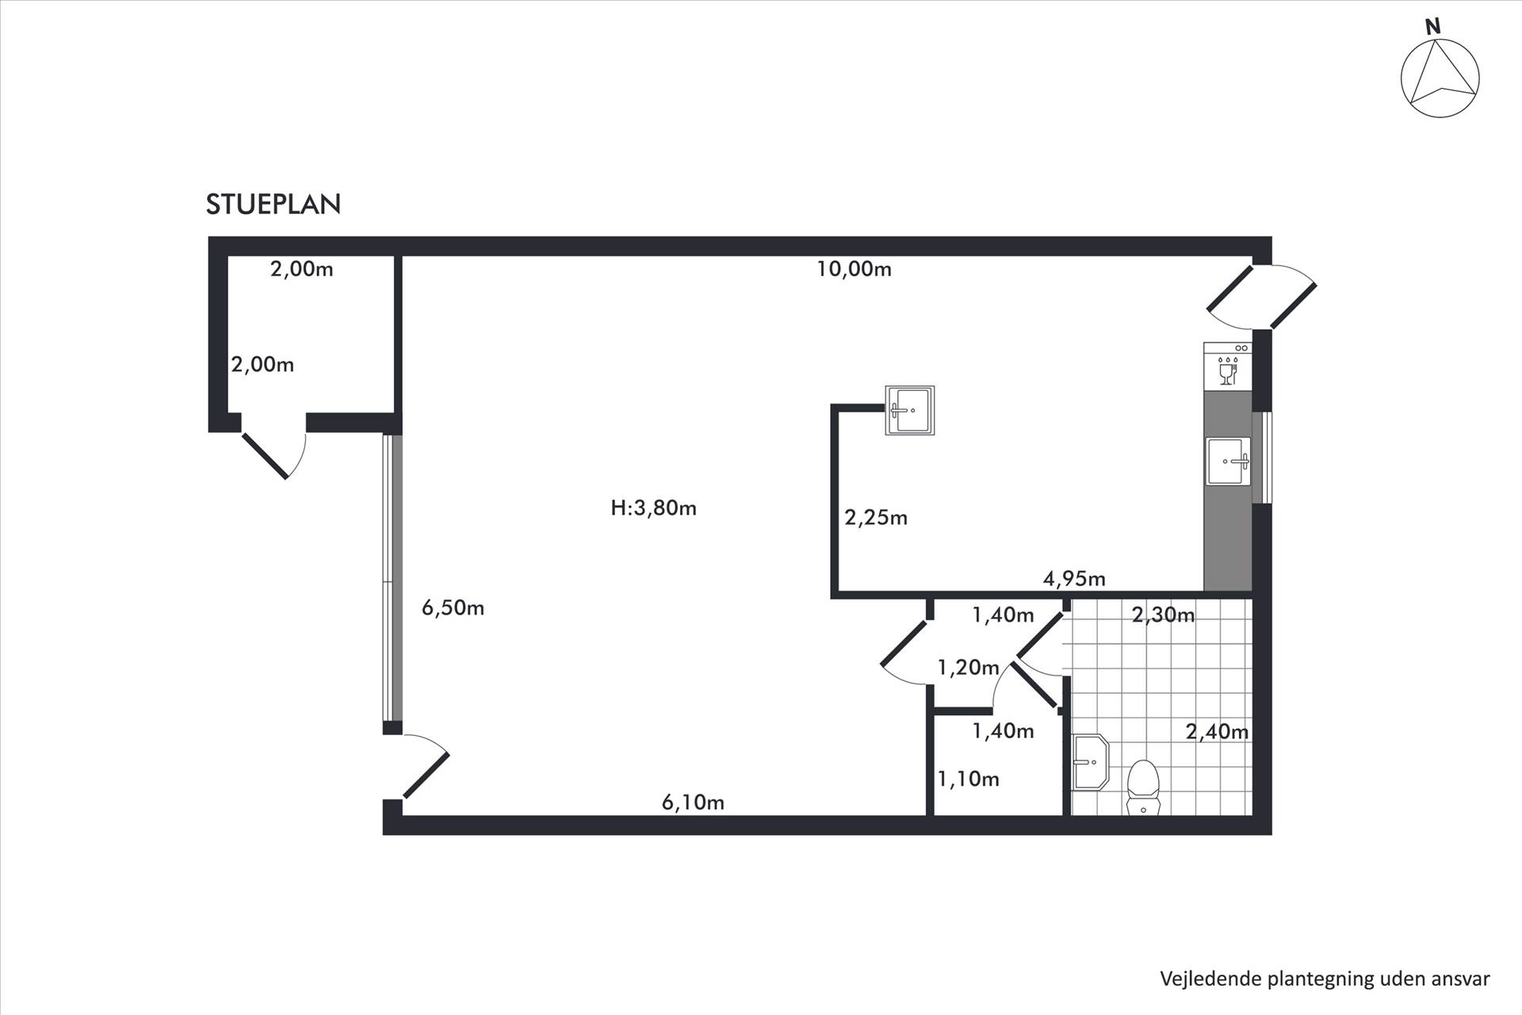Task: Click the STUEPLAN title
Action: (273, 205)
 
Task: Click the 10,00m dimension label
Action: (854, 270)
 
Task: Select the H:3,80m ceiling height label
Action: (653, 508)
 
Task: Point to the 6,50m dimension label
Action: (453, 608)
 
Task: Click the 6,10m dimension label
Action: (693, 802)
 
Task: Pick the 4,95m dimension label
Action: (1074, 579)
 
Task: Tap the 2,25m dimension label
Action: (876, 518)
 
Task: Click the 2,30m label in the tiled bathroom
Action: (1163, 615)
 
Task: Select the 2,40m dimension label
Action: (1217, 731)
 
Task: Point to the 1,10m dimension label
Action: (968, 779)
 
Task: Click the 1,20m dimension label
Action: (968, 668)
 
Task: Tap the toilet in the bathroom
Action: (1143, 787)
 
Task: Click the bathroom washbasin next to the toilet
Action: (1090, 762)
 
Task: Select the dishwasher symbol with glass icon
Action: (1227, 366)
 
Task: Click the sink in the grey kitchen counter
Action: (1228, 461)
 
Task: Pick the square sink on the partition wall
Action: (909, 410)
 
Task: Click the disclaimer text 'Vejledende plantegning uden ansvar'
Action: (1325, 979)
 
